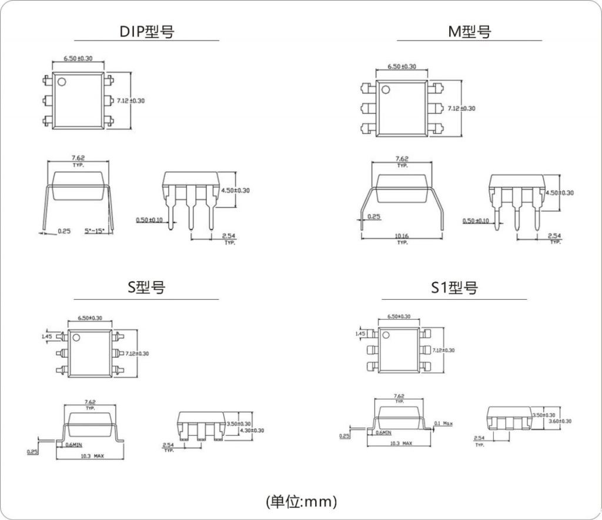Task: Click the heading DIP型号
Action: point(147,31)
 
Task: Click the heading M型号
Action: point(469,31)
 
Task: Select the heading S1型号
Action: point(454,288)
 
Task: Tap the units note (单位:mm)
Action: point(301,502)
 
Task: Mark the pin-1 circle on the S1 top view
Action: point(386,335)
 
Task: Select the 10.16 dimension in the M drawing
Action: point(402,236)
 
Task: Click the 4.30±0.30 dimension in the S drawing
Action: point(251,430)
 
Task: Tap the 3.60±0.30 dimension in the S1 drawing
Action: point(559,421)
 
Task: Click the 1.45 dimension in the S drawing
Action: point(47,336)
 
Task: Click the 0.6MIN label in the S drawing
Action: point(73,445)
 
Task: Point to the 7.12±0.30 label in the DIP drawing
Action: point(131,101)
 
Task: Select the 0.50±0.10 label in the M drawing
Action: point(476,221)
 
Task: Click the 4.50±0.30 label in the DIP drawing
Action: point(235,190)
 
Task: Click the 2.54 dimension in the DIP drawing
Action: point(229,236)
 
